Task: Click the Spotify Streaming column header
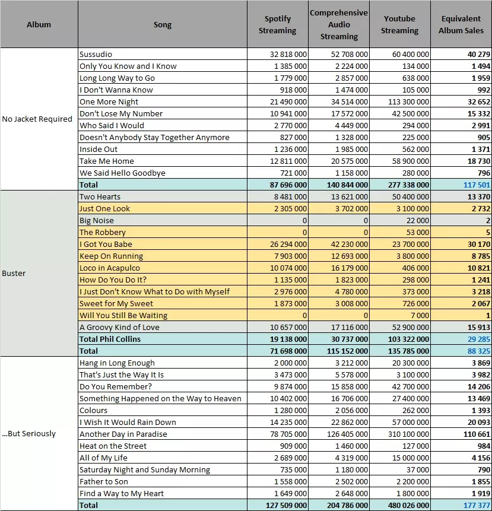pyautogui.click(x=277, y=24)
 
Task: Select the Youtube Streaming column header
pyautogui.click(x=399, y=24)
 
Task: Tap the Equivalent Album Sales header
pyautogui.click(x=461, y=24)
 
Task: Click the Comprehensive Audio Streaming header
pyautogui.click(x=338, y=24)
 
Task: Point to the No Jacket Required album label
pyautogui.click(x=37, y=119)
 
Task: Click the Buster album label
pyautogui.click(x=14, y=273)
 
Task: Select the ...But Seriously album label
pyautogui.click(x=28, y=434)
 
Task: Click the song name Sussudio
pyautogui.click(x=96, y=54)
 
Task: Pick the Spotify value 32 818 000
pyautogui.click(x=288, y=54)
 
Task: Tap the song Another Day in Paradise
pyautogui.click(x=123, y=434)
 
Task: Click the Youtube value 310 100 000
pyautogui.click(x=408, y=434)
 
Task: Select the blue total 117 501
pyautogui.click(x=477, y=185)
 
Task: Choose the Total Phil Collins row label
pyautogui.click(x=110, y=339)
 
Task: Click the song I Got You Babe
pyautogui.click(x=106, y=244)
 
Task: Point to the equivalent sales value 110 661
pyautogui.click(x=477, y=434)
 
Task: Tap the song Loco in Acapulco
pyautogui.click(x=109, y=268)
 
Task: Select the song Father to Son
pyautogui.click(x=104, y=482)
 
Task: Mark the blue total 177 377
pyautogui.click(x=477, y=506)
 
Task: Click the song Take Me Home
pyautogui.click(x=107, y=161)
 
